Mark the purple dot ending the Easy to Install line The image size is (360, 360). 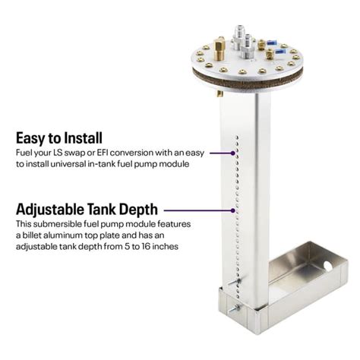pos(232,153)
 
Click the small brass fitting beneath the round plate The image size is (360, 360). pos(219,93)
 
